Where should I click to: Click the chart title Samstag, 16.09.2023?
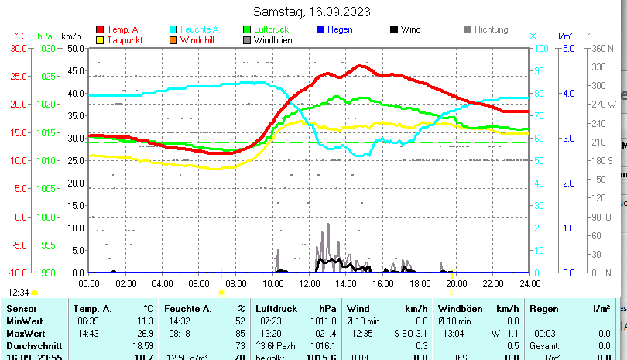312,12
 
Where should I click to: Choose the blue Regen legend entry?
340,29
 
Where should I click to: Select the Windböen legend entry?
273,39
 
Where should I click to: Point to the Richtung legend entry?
491,29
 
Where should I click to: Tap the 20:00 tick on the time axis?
456,283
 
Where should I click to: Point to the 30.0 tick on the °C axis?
19,48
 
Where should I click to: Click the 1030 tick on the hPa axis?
46,48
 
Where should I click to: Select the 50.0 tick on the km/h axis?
76,48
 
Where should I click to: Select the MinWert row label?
25,321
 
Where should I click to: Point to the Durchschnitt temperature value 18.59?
143,345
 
